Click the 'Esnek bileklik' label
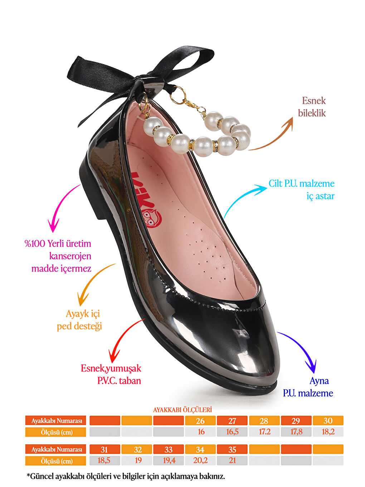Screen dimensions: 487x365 (312, 107)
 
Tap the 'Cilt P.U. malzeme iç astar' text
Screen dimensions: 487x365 (302, 190)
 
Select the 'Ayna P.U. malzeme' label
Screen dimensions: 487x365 (308, 387)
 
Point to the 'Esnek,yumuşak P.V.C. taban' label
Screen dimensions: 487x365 (111, 374)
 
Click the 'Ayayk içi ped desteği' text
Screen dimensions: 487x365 (79, 320)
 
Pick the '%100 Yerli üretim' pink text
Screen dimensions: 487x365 (58, 243)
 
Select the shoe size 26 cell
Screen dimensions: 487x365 (200, 421)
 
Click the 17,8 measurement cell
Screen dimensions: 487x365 (296, 432)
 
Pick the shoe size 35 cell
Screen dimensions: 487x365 (232, 449)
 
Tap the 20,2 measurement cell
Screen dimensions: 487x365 (200, 461)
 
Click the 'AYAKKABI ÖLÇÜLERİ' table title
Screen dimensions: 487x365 (182, 410)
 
